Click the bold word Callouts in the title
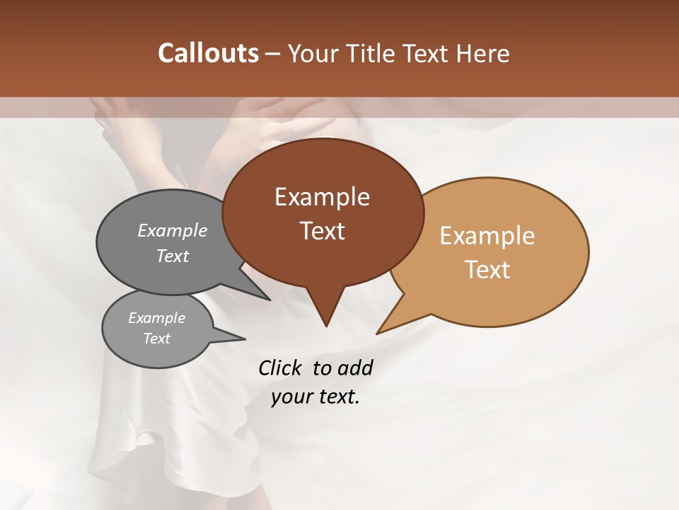click(x=208, y=53)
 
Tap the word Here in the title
click(x=482, y=53)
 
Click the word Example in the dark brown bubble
click(x=322, y=197)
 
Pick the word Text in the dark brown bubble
click(x=322, y=231)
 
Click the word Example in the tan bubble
click(x=487, y=236)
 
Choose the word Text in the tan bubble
click(x=487, y=270)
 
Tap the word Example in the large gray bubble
click(x=173, y=230)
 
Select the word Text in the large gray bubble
click(x=173, y=256)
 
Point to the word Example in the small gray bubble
click(x=157, y=318)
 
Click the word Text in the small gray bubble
click(x=157, y=339)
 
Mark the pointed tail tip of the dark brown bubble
click(x=326, y=326)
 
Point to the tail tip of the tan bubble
click(x=377, y=333)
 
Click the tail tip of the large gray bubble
click(x=270, y=300)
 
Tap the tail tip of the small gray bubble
click(x=245, y=339)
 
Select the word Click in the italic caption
click(x=282, y=368)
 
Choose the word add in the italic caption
click(x=355, y=368)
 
